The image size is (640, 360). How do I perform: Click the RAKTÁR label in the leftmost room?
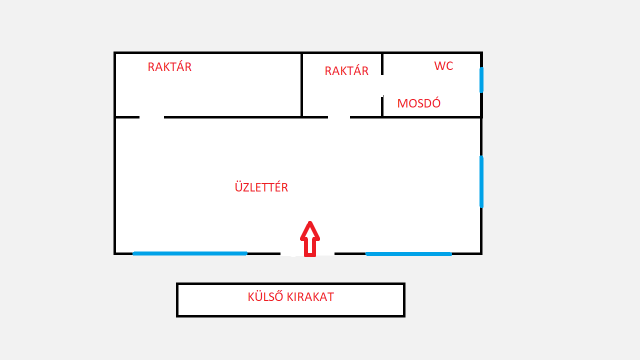(169, 67)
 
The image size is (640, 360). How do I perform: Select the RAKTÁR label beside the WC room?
(347, 71)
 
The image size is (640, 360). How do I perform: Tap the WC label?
(444, 66)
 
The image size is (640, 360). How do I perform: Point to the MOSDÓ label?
(420, 103)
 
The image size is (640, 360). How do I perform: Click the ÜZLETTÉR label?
(261, 187)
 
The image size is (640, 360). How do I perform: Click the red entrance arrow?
(310, 239)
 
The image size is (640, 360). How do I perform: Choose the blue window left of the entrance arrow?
(190, 253)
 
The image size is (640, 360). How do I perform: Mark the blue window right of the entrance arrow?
(408, 253)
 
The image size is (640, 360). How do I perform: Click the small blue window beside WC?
(481, 79)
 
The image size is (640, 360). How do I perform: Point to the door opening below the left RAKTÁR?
(151, 117)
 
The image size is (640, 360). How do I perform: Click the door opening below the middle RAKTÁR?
(339, 117)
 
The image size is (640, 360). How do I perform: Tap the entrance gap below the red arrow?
(306, 254)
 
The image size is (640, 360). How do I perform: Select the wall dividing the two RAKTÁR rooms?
(302, 85)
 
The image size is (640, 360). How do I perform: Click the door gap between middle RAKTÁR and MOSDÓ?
(382, 85)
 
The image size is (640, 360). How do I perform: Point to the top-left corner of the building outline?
(115, 53)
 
